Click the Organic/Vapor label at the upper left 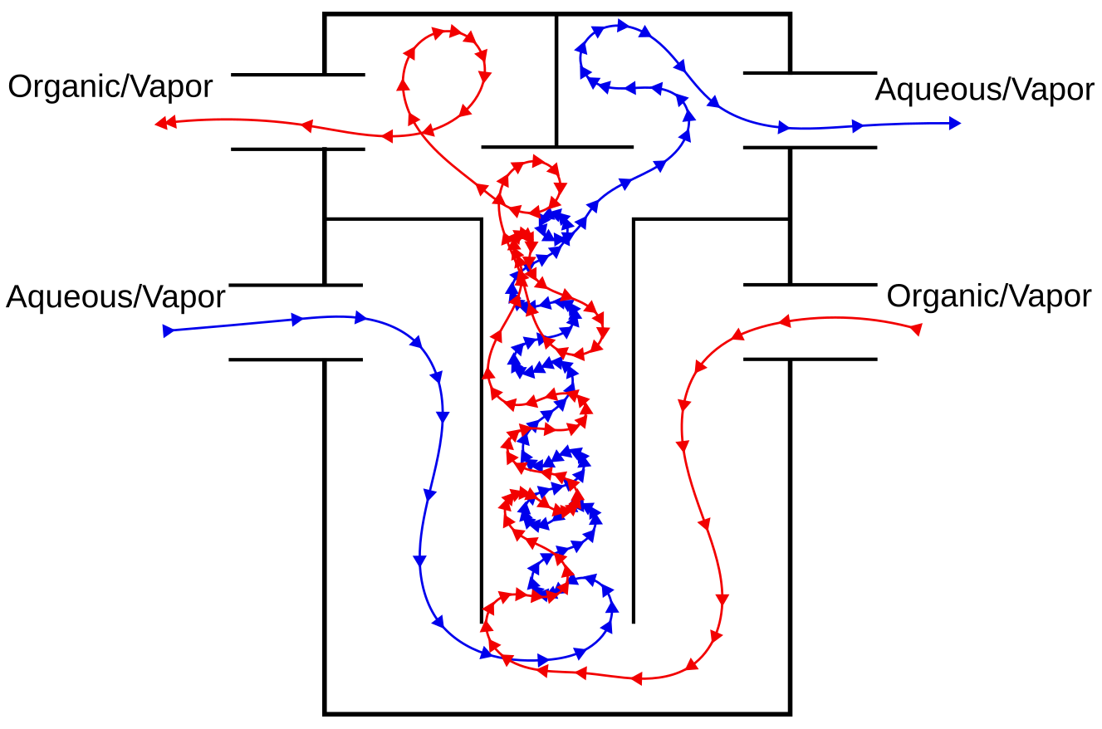pos(110,87)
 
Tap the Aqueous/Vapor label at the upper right pos(984,91)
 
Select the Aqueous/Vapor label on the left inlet pos(115,297)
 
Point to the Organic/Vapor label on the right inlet pos(989,297)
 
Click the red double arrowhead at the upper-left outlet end pos(166,123)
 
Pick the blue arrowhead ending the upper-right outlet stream pos(954,123)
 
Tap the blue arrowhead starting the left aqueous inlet pos(169,331)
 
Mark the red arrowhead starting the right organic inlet pos(916,329)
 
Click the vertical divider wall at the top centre pos(556,81)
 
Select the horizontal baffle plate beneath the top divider pos(557,147)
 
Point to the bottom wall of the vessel pos(557,712)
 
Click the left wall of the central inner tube pos(481,421)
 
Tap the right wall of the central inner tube pos(633,421)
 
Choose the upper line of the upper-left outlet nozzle pos(297,75)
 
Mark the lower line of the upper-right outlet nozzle pos(810,148)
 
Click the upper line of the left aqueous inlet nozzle pos(296,286)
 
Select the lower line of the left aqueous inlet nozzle pos(296,360)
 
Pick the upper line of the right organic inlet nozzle pos(810,285)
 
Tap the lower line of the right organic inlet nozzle pos(810,360)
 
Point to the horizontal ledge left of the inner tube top pos(403,219)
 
